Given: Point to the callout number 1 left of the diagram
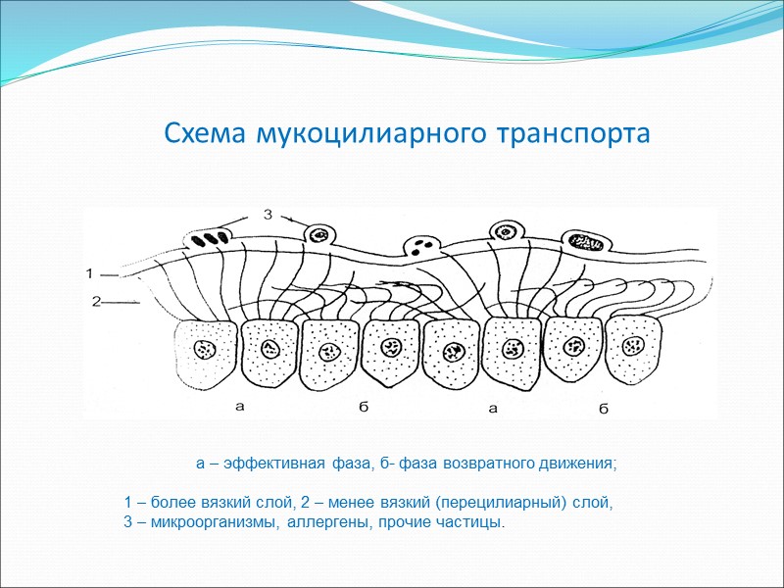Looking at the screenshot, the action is pos(90,272).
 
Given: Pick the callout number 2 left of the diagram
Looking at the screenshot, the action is pos(96,303).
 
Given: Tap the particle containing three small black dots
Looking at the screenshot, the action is pos(422,247).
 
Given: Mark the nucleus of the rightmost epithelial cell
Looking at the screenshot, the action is pos(632,345).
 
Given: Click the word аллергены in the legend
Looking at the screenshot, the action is pos(332,521).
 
